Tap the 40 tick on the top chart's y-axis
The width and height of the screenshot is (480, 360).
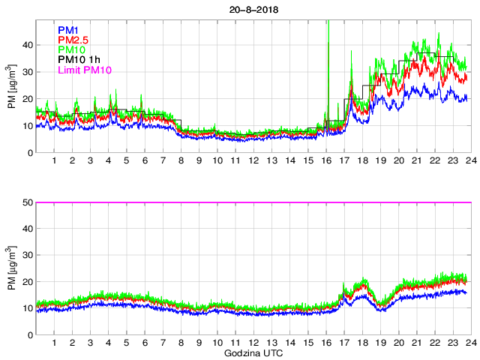click(27, 45)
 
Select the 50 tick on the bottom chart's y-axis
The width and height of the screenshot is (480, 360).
click(27, 202)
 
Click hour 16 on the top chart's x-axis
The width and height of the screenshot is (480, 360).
click(326, 161)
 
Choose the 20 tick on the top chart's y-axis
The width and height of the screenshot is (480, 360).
click(27, 99)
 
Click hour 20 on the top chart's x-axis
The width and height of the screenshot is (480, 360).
click(398, 161)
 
